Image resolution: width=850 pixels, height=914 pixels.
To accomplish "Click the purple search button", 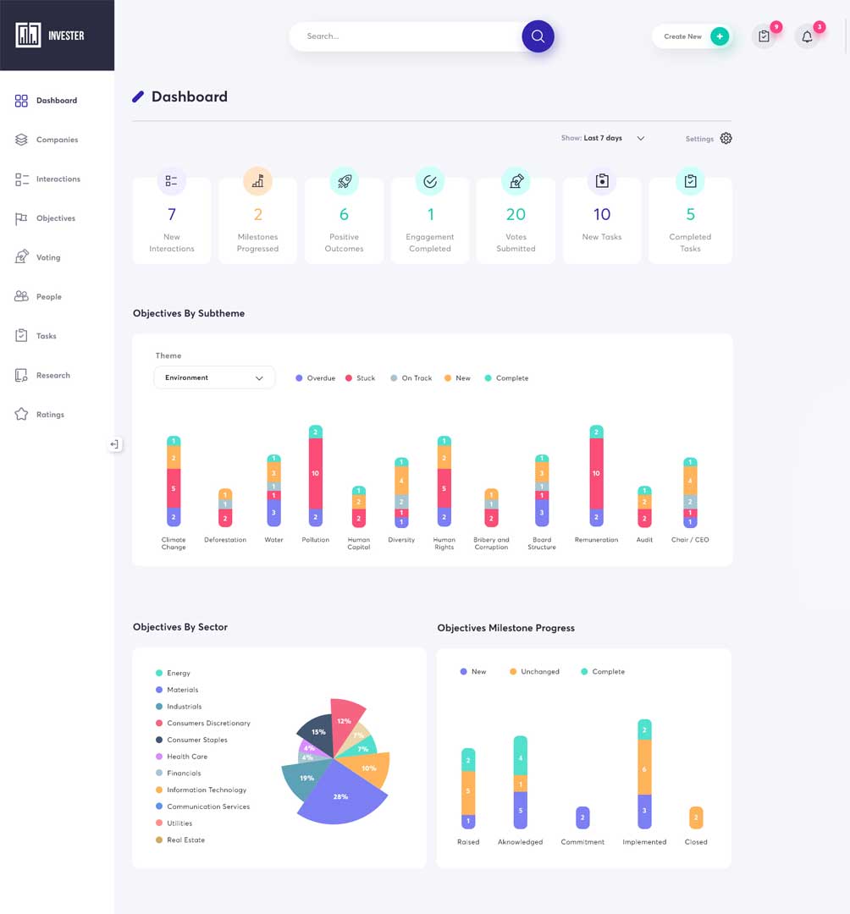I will [538, 36].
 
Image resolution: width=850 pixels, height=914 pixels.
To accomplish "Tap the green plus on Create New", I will [720, 36].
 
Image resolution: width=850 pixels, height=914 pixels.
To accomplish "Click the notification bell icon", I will [807, 37].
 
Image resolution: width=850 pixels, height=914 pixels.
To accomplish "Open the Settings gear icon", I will [726, 139].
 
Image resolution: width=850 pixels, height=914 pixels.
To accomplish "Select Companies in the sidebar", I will [57, 140].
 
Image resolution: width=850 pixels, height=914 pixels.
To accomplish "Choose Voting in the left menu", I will [48, 257].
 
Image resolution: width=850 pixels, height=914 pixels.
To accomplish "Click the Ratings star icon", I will [22, 415].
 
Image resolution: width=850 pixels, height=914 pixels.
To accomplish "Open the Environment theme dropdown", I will [214, 377].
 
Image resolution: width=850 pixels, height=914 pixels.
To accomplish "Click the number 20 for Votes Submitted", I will [516, 214].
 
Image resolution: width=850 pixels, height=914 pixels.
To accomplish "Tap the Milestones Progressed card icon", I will [258, 180].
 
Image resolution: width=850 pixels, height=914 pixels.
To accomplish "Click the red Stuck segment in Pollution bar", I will [315, 474].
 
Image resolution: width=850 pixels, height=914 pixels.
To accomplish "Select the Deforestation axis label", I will [225, 540].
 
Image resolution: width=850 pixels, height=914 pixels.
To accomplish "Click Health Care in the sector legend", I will [187, 757].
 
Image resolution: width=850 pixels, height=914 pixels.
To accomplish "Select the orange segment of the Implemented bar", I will [644, 768].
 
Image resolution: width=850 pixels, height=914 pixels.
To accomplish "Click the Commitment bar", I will [582, 818].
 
